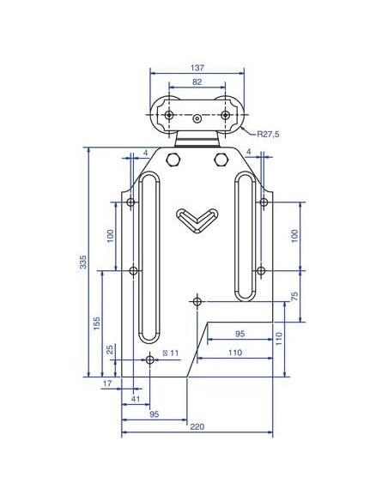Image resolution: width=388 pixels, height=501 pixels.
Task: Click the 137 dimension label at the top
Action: (x=197, y=68)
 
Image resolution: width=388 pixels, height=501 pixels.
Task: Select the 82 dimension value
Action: (x=197, y=82)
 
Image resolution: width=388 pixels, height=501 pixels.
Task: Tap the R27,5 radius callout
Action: (x=268, y=134)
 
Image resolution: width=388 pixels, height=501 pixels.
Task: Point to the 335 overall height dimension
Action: (x=83, y=262)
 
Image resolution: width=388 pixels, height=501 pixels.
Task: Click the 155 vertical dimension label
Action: (x=96, y=323)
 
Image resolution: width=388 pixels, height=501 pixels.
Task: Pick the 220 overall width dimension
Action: (x=197, y=427)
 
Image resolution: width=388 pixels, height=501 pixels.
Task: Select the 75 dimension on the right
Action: (x=294, y=296)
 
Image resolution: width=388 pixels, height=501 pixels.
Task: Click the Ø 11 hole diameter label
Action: (x=171, y=353)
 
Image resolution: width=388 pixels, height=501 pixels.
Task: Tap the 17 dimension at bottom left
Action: (x=107, y=383)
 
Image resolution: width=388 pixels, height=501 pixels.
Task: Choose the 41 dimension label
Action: (x=136, y=399)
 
